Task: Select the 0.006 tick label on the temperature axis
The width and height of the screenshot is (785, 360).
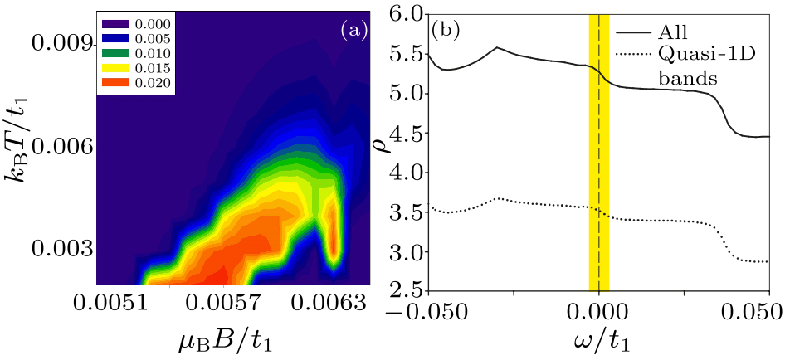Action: click(x=60, y=147)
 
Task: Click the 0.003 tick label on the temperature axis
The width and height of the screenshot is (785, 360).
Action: click(x=60, y=250)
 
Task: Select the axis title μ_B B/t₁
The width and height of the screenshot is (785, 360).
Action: click(x=220, y=340)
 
